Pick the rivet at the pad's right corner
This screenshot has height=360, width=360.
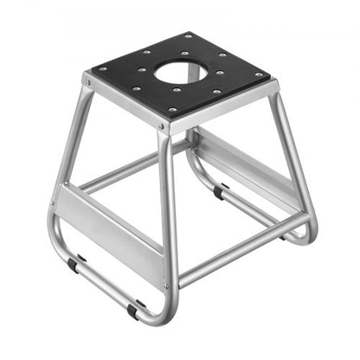[x=256, y=75]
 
